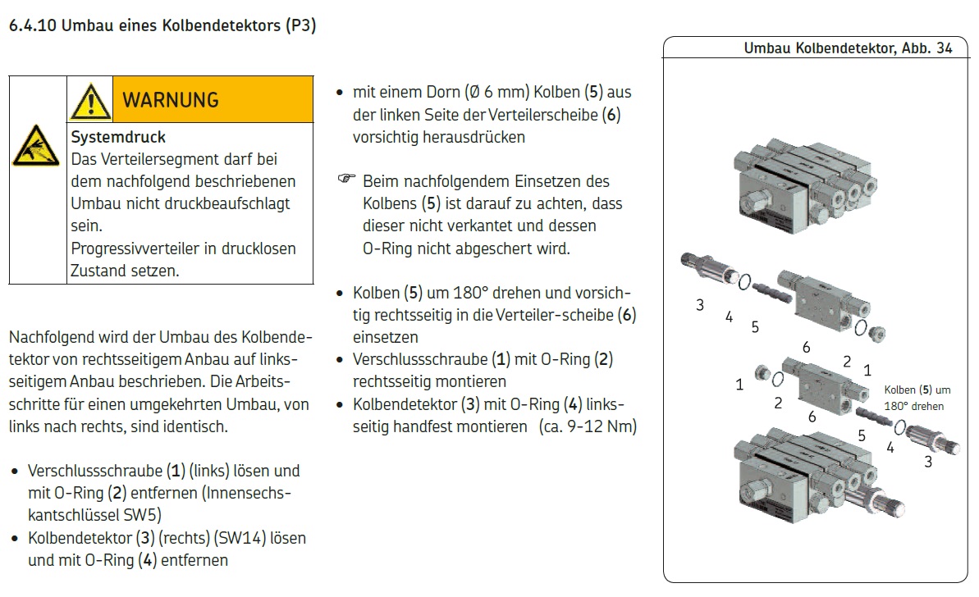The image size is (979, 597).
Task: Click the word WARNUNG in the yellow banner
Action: pos(170,100)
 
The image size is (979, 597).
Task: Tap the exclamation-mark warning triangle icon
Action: pos(90,102)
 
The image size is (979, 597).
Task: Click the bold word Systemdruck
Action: pos(118,137)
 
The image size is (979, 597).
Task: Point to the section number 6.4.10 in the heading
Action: pos(32,25)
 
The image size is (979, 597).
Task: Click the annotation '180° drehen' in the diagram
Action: pos(913,406)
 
